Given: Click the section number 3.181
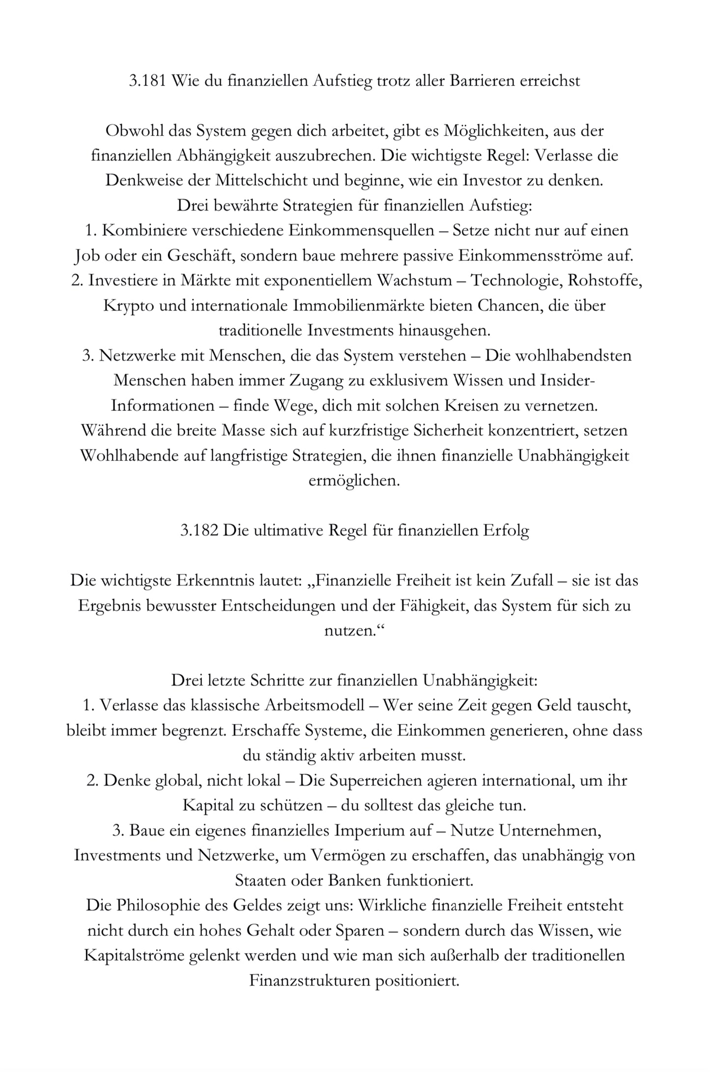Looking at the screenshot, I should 147,81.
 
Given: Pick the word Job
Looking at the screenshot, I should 84,256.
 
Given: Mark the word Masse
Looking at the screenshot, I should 244,431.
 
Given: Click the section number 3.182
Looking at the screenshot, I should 199,531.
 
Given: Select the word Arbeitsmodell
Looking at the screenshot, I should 315,706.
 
